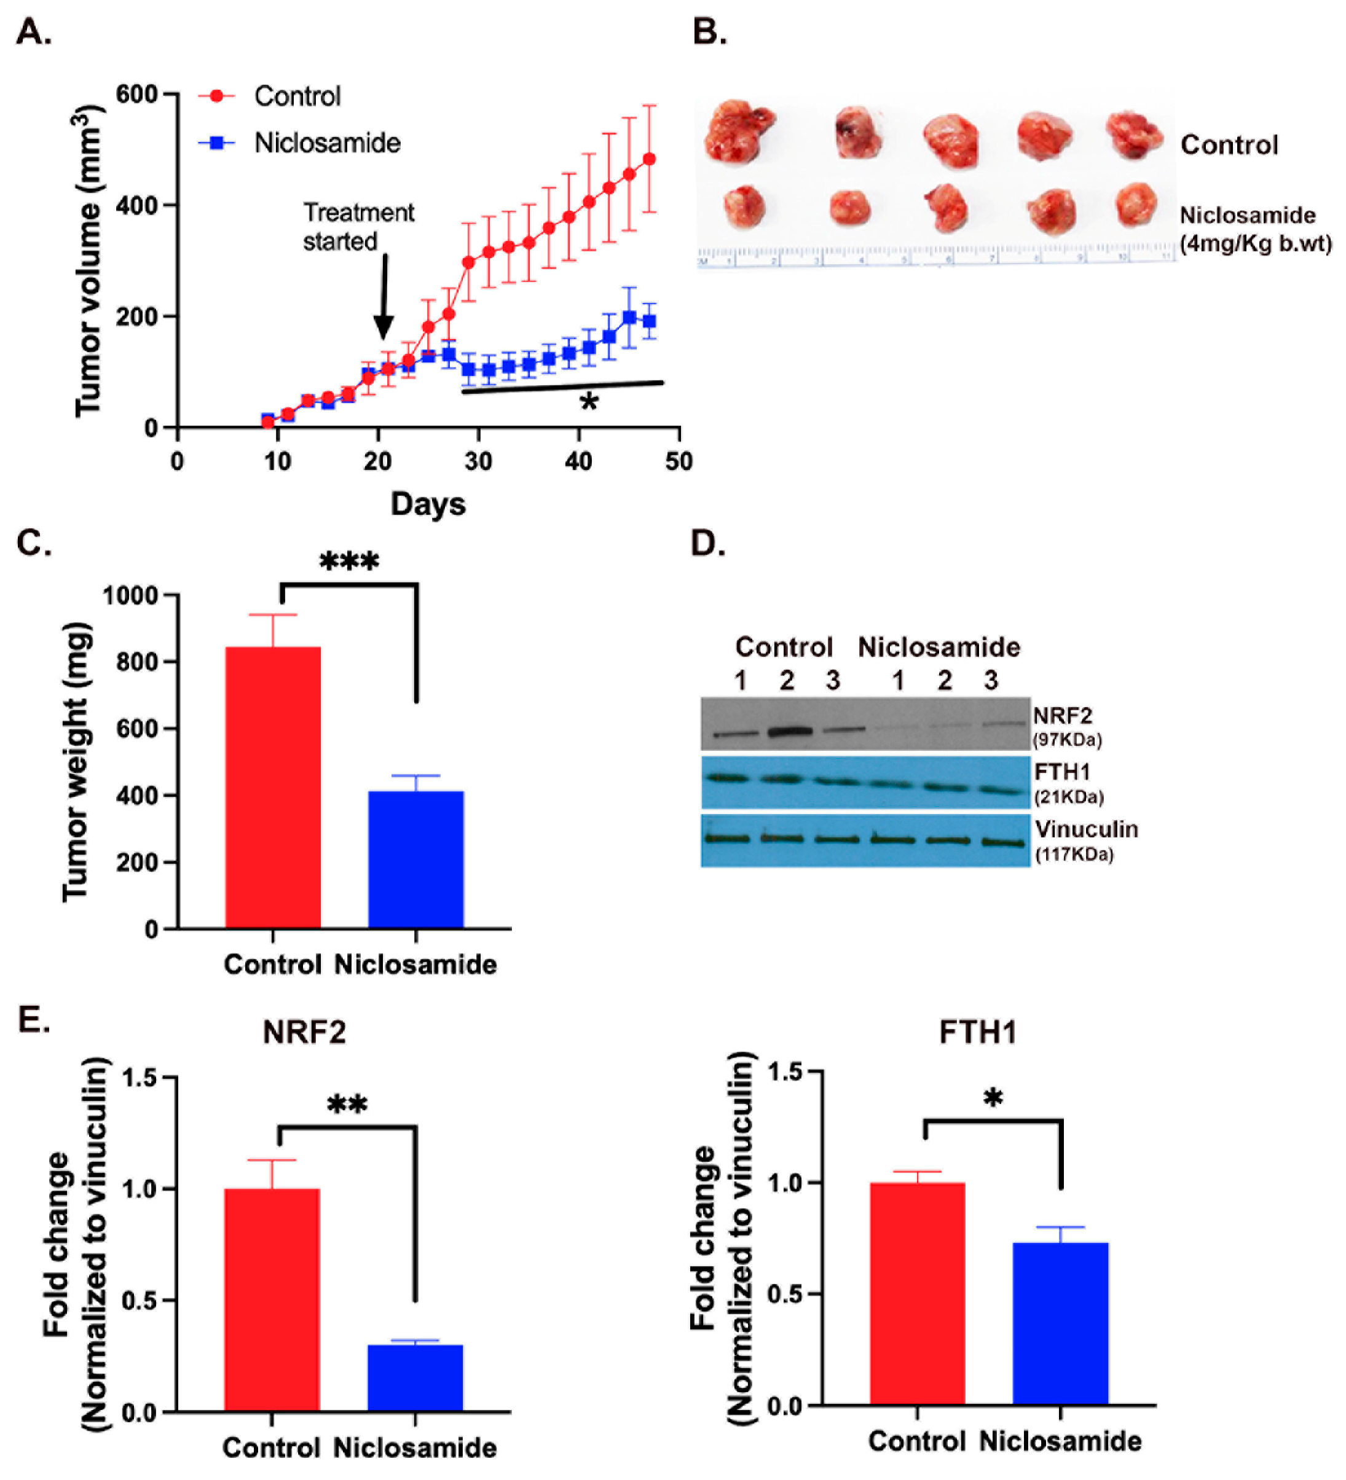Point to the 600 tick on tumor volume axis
click(x=136, y=95)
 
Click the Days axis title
click(x=428, y=504)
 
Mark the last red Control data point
click(x=649, y=159)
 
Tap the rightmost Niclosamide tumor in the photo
click(x=1135, y=204)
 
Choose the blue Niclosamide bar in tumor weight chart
click(x=415, y=859)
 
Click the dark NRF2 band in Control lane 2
click(x=789, y=731)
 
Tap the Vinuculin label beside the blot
click(x=1086, y=829)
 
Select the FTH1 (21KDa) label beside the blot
click(x=1068, y=783)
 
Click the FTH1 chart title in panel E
click(x=977, y=1032)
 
